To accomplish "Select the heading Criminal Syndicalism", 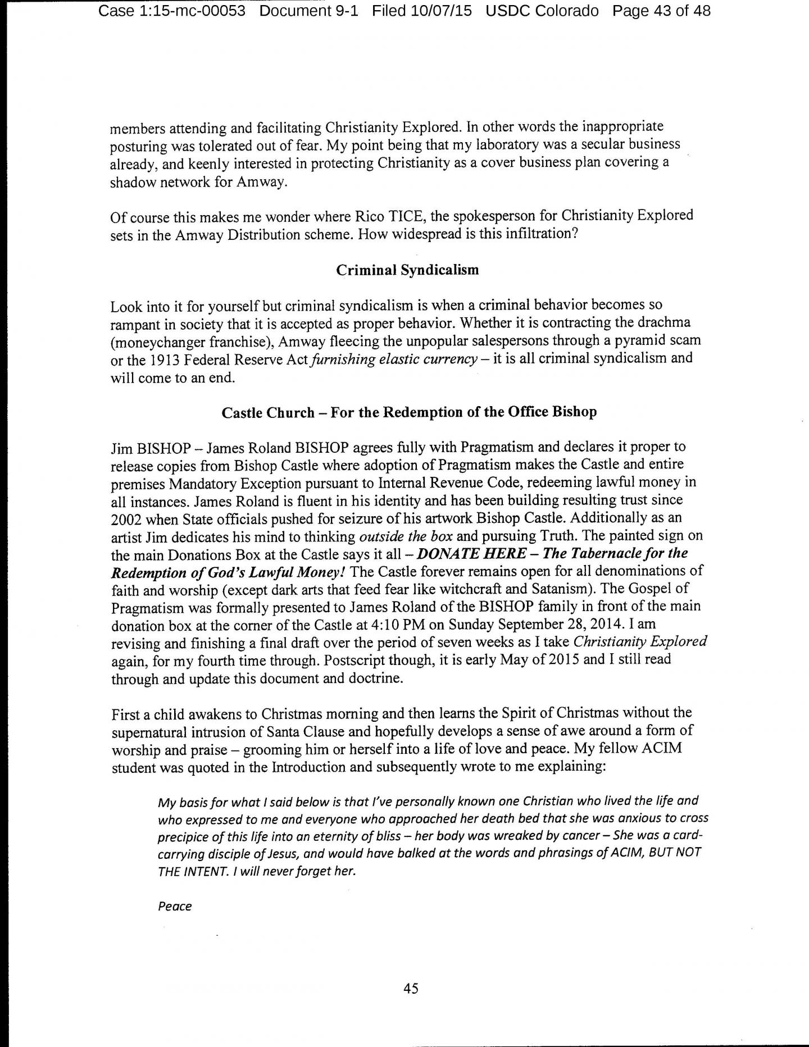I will click(x=407, y=270).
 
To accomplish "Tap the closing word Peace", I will click(x=175, y=906).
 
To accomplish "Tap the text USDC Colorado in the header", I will click(x=542, y=11).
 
